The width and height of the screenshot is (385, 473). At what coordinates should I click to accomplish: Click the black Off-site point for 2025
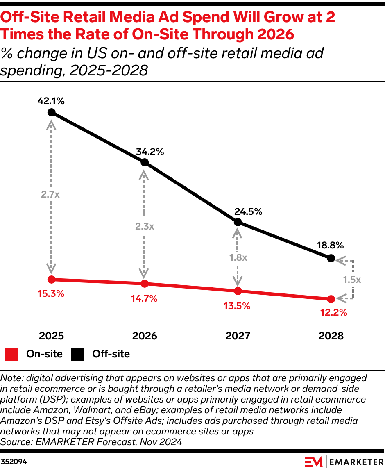click(51, 112)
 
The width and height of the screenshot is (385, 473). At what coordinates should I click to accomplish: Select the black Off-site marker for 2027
click(238, 222)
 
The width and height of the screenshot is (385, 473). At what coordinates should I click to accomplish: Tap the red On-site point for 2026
click(145, 284)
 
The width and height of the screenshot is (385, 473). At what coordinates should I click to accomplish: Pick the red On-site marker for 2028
click(331, 299)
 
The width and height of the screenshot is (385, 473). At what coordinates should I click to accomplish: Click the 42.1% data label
click(51, 101)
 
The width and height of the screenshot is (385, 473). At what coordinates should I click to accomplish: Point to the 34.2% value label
click(150, 152)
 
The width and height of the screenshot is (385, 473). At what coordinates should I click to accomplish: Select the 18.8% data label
click(330, 246)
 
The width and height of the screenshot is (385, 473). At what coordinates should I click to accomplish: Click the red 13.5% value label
click(238, 306)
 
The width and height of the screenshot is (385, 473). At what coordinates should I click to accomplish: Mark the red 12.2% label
click(334, 313)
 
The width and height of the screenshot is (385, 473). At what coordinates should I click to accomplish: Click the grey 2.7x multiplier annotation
click(50, 195)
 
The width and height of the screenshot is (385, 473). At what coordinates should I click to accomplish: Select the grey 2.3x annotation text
click(144, 226)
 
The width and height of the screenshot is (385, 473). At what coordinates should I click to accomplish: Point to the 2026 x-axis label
click(145, 336)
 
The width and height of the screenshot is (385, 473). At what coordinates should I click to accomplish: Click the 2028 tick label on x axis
click(331, 336)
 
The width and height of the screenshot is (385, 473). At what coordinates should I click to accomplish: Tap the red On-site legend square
click(12, 354)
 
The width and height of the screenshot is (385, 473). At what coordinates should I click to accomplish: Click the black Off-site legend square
click(78, 354)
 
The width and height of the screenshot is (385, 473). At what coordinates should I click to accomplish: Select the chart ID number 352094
click(14, 462)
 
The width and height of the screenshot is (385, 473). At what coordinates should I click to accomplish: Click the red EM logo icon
click(313, 462)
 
